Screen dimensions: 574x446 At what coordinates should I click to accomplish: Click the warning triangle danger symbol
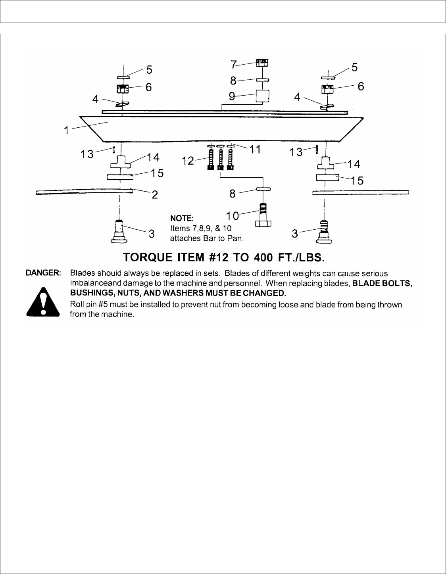point(43,302)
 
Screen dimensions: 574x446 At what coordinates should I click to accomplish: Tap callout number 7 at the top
point(234,64)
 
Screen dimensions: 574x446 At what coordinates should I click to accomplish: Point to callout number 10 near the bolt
point(233,215)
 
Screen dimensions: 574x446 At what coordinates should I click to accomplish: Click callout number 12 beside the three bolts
point(188,161)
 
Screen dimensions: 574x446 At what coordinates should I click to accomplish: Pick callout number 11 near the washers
point(255,150)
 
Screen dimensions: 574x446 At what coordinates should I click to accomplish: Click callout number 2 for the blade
point(155,194)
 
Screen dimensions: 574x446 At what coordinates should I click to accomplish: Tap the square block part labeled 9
point(262,96)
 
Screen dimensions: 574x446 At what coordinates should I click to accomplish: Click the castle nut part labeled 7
point(261,62)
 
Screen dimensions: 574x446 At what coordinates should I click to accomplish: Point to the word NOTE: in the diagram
point(182,218)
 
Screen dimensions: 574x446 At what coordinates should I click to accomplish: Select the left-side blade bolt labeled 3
point(120,231)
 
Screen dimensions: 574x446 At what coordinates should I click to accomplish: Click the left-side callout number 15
point(157,173)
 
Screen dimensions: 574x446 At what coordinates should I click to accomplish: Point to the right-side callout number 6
point(361,86)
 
